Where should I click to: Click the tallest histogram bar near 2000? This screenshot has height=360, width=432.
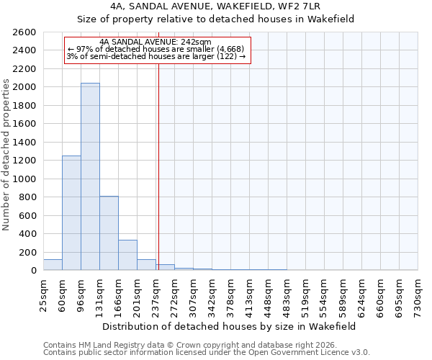tap(90, 176)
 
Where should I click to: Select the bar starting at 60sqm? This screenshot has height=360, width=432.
tap(71, 213)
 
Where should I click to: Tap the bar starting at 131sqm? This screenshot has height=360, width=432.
tap(109, 233)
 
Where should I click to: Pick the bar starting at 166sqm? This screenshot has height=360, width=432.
tap(127, 256)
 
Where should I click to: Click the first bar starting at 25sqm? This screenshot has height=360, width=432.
tap(53, 265)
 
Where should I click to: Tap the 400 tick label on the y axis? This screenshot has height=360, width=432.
tap(28, 234)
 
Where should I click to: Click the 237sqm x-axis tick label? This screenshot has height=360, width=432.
tap(156, 294)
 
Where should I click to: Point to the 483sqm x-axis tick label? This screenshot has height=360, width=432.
tap(287, 294)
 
